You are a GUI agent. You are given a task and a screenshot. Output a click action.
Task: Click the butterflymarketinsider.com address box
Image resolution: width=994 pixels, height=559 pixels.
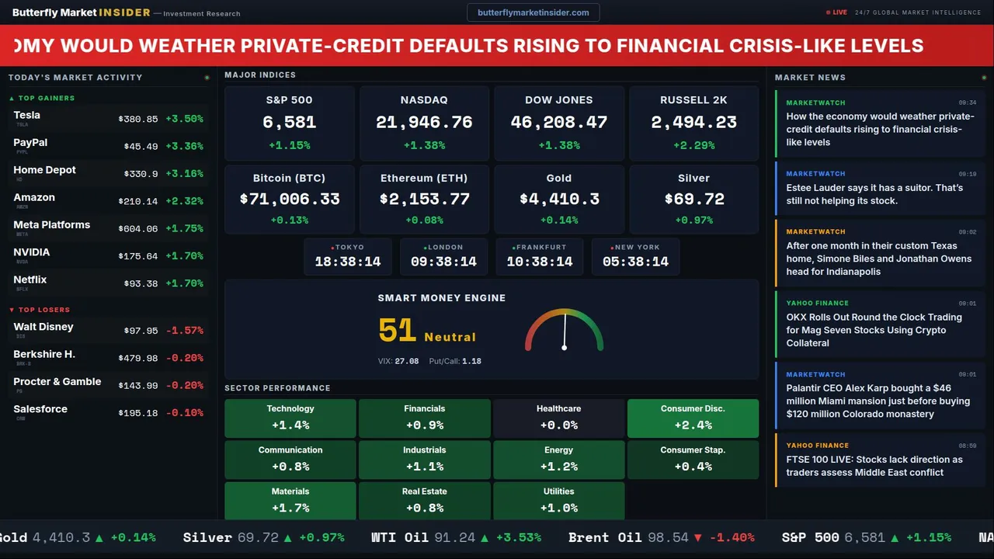533,12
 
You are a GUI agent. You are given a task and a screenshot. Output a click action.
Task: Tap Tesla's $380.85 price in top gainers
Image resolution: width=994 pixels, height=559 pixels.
138,120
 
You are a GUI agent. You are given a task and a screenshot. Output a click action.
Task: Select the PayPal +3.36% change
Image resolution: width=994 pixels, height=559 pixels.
184,147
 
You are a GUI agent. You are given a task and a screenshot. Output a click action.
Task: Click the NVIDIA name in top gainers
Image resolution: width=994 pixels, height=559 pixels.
32,252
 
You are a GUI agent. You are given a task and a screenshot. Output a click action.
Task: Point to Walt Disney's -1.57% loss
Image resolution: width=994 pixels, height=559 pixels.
185,331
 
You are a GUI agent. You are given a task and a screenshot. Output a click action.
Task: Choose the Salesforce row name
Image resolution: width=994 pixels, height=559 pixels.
40,409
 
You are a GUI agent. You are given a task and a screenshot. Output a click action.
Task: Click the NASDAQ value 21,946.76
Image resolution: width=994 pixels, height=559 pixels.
424,123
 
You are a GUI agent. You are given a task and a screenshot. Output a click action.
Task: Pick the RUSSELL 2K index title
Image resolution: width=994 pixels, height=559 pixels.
693,100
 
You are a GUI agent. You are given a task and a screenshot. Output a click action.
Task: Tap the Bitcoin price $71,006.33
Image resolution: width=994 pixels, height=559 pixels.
290,200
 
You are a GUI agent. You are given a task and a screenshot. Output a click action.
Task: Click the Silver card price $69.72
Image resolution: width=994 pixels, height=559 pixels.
693,200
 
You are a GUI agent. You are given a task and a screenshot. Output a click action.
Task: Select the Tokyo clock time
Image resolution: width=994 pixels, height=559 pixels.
348,262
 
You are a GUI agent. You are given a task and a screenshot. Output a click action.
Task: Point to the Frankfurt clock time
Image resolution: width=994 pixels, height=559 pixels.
540,262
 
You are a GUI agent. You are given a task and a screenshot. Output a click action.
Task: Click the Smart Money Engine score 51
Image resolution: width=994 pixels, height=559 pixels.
398,331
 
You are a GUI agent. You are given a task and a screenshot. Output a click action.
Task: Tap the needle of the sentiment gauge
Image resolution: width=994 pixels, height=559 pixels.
565,330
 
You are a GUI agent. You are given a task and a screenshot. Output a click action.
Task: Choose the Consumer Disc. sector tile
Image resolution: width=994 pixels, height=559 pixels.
693,418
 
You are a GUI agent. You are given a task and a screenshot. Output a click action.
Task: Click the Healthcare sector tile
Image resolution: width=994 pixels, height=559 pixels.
558,418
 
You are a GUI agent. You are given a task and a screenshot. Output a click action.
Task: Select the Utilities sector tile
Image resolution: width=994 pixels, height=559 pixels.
558,500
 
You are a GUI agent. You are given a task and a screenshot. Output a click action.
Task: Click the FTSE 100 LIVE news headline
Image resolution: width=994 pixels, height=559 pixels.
874,466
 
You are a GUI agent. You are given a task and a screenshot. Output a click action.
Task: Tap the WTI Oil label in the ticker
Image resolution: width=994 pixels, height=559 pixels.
400,537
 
